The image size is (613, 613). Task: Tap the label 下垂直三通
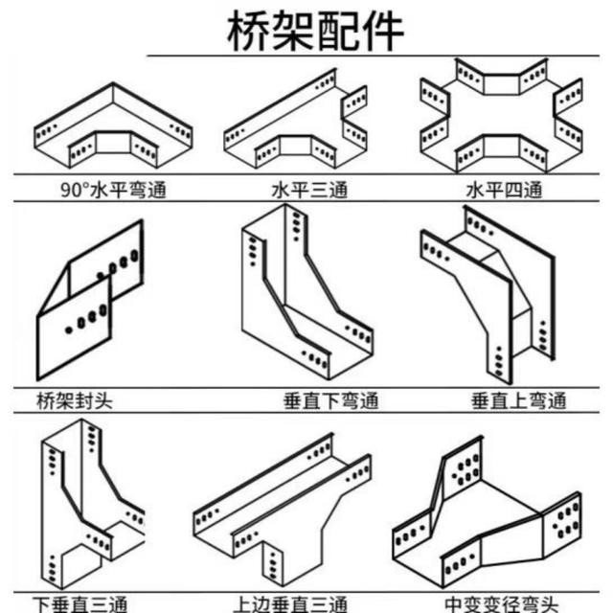81,603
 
